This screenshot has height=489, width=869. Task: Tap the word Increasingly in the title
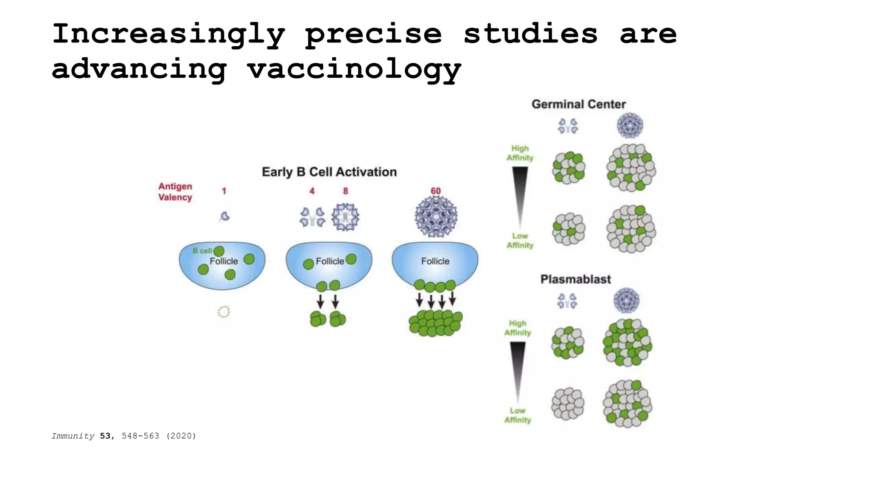pyautogui.click(x=168, y=34)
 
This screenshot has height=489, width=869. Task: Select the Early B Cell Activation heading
pyautogui.click(x=329, y=172)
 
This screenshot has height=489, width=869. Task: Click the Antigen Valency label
pyautogui.click(x=175, y=192)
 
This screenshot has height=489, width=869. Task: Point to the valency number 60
pyautogui.click(x=435, y=191)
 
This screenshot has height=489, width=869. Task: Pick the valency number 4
pyautogui.click(x=312, y=191)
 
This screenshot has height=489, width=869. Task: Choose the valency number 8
pyautogui.click(x=345, y=191)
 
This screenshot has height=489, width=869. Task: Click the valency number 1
pyautogui.click(x=224, y=191)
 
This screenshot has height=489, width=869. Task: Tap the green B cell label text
pyautogui.click(x=202, y=251)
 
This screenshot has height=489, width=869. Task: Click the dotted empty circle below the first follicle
pyautogui.click(x=224, y=312)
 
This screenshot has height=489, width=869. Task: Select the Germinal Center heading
pyautogui.click(x=578, y=104)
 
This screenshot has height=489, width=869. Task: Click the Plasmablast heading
pyautogui.click(x=575, y=279)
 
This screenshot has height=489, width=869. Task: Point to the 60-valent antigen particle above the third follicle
pyautogui.click(x=436, y=217)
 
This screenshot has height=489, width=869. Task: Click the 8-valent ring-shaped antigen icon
pyautogui.click(x=345, y=217)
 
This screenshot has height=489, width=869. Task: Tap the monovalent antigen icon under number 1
pyautogui.click(x=225, y=216)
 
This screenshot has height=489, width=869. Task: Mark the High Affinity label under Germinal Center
pyautogui.click(x=520, y=153)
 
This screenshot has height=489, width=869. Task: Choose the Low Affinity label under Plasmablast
pyautogui.click(x=517, y=416)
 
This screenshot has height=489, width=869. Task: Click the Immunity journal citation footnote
pyautogui.click(x=124, y=436)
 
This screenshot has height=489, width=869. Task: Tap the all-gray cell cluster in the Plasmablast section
pyautogui.click(x=568, y=404)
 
